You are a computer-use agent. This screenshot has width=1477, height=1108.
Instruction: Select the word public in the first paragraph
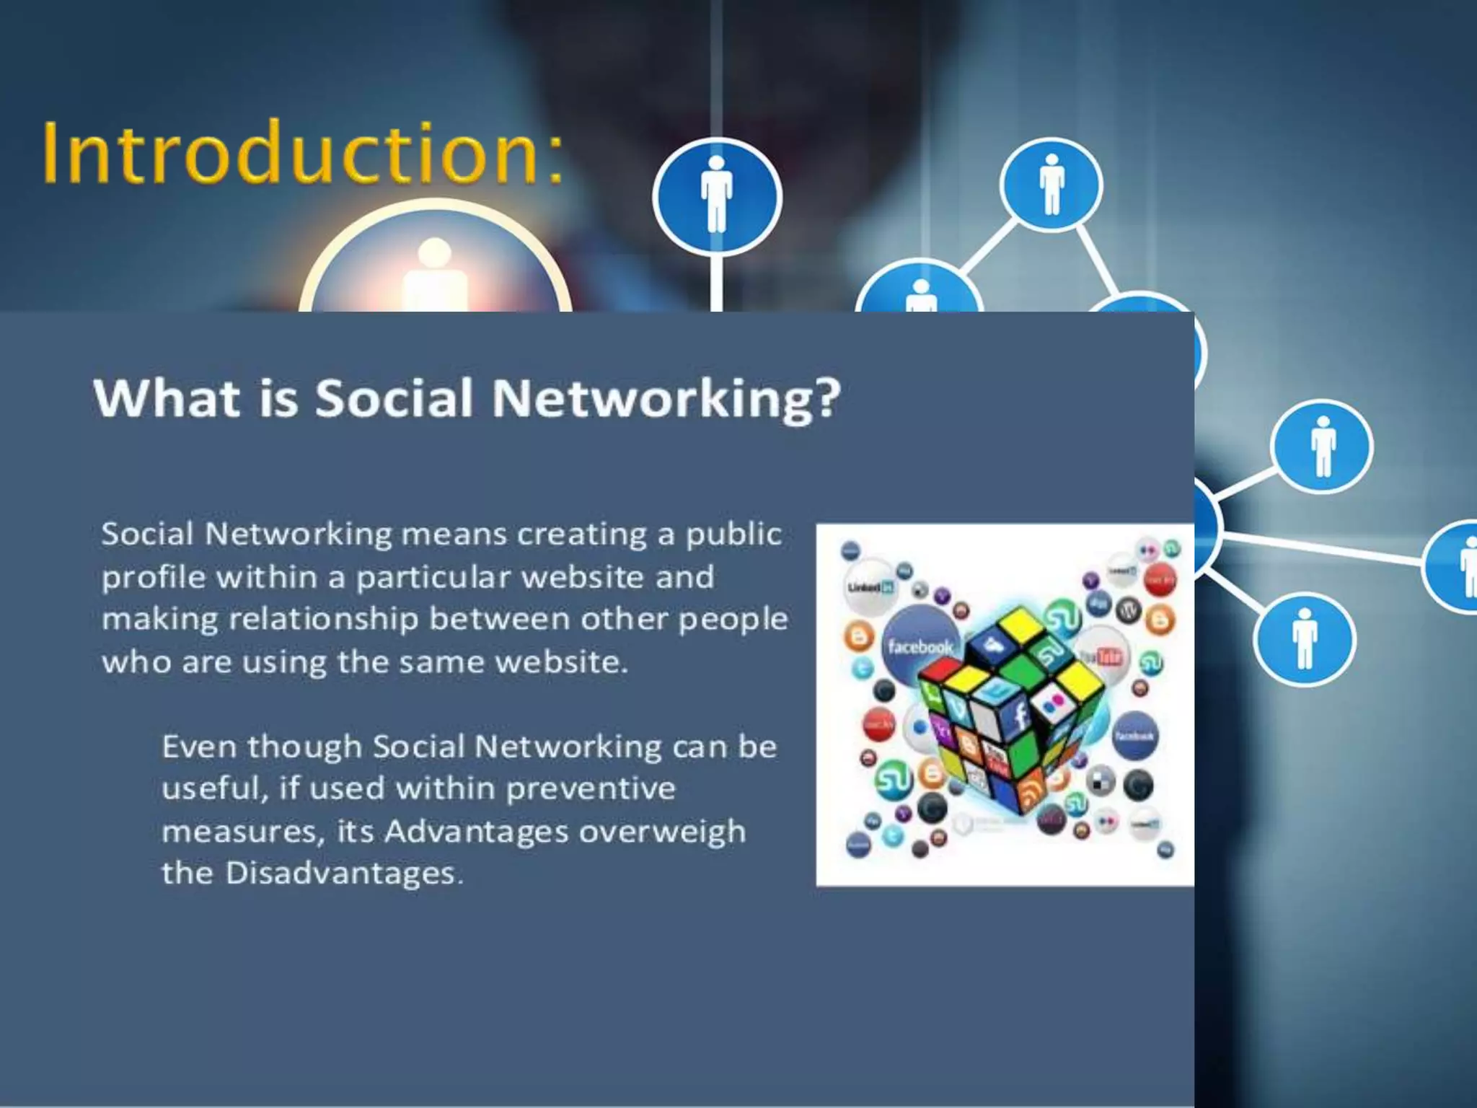coord(733,535)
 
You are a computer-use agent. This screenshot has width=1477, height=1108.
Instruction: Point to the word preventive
coord(591,788)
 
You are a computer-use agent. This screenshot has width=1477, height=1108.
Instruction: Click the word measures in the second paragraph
coord(239,832)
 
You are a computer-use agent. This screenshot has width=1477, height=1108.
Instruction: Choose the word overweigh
coord(662,832)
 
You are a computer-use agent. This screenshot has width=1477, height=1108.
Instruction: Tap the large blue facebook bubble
coord(919,644)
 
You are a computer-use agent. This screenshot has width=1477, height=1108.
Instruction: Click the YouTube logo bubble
coord(1101,654)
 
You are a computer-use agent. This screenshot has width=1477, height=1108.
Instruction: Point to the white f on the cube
coord(1021,716)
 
